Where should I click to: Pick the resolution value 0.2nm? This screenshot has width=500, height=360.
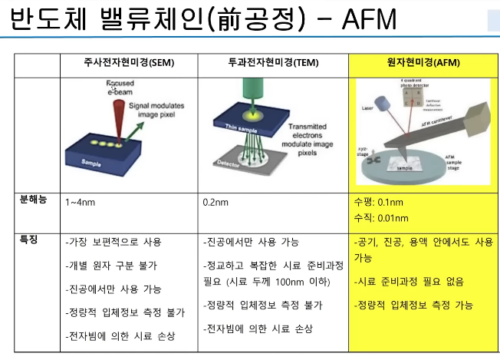[x=217, y=203]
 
